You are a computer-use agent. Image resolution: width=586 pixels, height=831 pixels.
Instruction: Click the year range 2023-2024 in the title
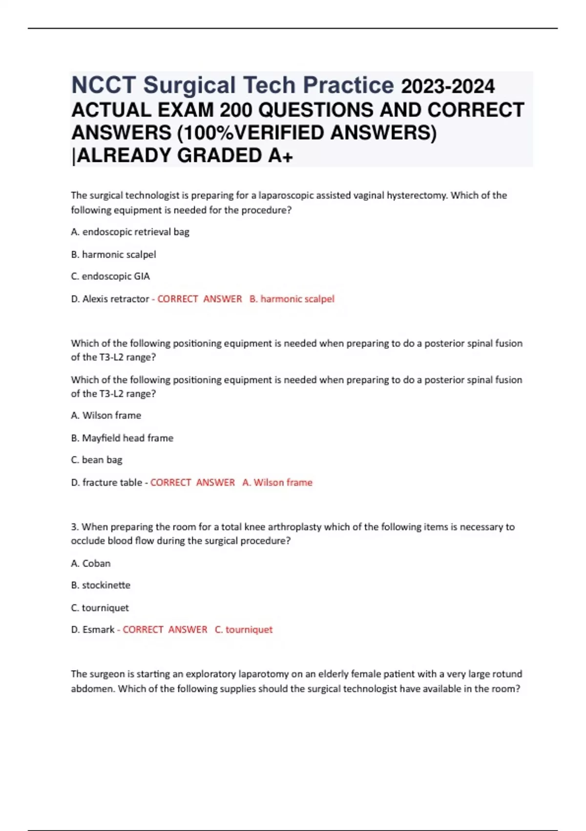click(x=447, y=87)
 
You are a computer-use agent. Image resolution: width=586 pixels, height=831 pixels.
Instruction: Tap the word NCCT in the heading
click(x=104, y=86)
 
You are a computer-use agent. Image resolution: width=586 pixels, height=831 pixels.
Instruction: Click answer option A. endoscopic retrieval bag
click(x=130, y=232)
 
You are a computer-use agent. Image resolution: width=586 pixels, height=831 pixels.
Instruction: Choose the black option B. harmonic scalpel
click(x=113, y=254)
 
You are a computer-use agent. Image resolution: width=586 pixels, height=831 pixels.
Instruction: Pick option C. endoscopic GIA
click(x=110, y=276)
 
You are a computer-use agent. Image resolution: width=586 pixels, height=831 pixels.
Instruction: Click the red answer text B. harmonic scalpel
click(x=292, y=299)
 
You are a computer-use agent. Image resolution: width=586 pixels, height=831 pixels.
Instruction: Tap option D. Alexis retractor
click(x=110, y=299)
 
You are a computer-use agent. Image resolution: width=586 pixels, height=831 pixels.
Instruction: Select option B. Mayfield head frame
click(x=122, y=438)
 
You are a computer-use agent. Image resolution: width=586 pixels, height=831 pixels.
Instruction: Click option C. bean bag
click(x=97, y=460)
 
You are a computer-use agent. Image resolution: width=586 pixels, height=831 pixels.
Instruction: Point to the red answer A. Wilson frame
click(x=277, y=482)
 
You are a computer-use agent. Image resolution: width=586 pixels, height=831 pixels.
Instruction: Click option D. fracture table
click(x=106, y=482)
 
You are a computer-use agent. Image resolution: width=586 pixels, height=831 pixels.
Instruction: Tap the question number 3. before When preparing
click(x=75, y=527)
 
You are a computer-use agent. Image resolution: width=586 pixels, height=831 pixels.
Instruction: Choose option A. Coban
click(x=91, y=563)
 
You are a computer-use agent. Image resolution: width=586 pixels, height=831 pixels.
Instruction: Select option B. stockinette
click(x=101, y=585)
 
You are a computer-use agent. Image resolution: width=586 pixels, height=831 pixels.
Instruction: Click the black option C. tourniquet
click(x=100, y=608)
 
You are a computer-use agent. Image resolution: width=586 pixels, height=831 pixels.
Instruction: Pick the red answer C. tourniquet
click(x=244, y=630)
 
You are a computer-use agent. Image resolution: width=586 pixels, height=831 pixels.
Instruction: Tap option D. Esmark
click(x=93, y=630)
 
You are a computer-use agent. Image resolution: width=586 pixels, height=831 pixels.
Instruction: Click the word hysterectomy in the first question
click(x=417, y=196)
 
